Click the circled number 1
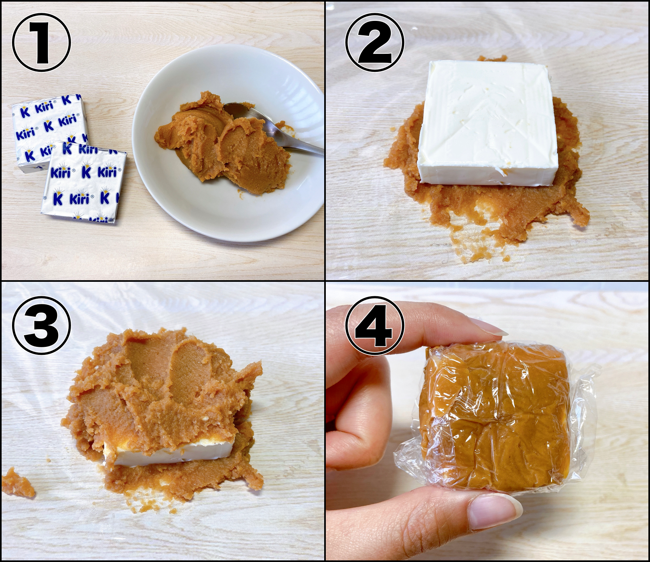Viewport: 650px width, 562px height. click(41, 43)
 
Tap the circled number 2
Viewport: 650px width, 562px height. click(375, 43)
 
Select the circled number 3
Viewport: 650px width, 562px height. click(41, 325)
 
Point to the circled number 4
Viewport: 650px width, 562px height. click(375, 325)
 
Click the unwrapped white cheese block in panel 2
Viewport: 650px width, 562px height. click(488, 122)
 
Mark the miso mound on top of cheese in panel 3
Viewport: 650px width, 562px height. click(165, 389)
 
